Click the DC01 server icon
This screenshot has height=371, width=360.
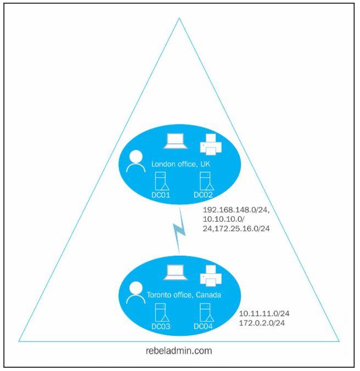pyautogui.click(x=162, y=181)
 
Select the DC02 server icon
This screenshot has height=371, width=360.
pyautogui.click(x=207, y=181)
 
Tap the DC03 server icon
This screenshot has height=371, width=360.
pyautogui.click(x=162, y=313)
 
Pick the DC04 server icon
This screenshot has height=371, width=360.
pyautogui.click(x=207, y=313)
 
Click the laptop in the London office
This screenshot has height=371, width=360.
pyautogui.click(x=176, y=141)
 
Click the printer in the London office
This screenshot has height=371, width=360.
pyautogui.click(x=211, y=144)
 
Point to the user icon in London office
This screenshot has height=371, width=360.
pyautogui.click(x=136, y=161)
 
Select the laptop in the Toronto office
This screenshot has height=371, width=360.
pyautogui.click(x=176, y=272)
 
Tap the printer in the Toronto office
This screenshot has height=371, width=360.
pyautogui.click(x=211, y=276)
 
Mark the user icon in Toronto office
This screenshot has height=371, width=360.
pyautogui.click(x=136, y=293)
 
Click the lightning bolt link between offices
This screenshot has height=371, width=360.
pyautogui.click(x=179, y=231)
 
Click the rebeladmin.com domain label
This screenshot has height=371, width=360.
pyautogui.click(x=179, y=351)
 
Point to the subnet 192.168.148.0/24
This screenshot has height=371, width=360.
pyautogui.click(x=236, y=210)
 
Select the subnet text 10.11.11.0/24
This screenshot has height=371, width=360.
pyautogui.click(x=264, y=313)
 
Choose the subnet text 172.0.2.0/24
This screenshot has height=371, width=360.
pyautogui.click(x=262, y=323)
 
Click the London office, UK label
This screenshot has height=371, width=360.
pyautogui.click(x=181, y=164)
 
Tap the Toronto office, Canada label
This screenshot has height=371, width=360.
pyautogui.click(x=184, y=295)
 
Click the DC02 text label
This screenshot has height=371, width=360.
pyautogui.click(x=203, y=195)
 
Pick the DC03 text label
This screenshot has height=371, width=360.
pyautogui.click(x=161, y=327)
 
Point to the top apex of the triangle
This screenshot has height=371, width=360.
pyautogui.click(x=179, y=18)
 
